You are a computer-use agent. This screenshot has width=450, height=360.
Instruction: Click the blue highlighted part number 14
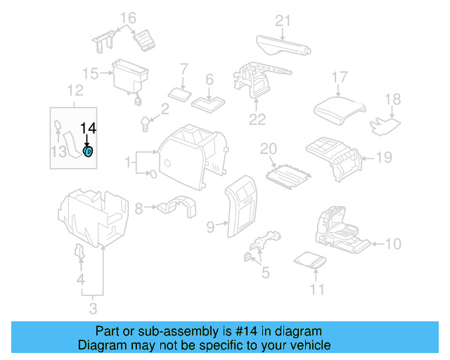pyautogui.click(x=89, y=152)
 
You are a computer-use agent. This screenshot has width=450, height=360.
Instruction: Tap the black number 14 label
pyautogui.click(x=88, y=128)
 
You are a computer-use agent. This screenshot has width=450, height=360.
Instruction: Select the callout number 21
pyautogui.click(x=282, y=20)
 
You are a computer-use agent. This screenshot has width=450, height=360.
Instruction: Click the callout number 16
pyautogui.click(x=127, y=18)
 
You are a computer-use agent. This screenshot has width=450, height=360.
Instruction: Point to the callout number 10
pyautogui.click(x=393, y=244)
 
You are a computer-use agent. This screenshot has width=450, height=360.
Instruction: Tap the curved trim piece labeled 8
pyautogui.click(x=176, y=207)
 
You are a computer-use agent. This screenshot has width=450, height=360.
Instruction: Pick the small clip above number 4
pyautogui.click(x=79, y=252)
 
